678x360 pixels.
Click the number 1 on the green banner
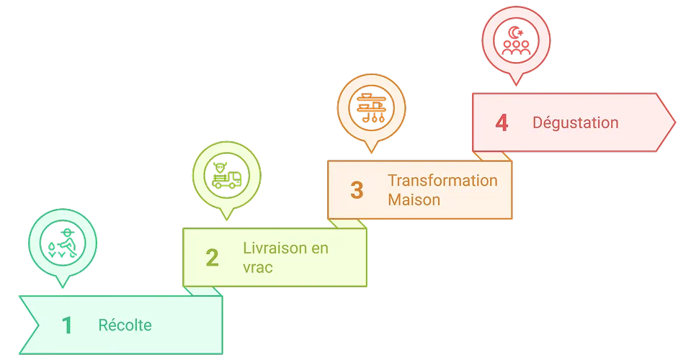[67, 325]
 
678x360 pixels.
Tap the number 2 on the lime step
[212, 258]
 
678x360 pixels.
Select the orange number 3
[357, 190]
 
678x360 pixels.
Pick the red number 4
[501, 122]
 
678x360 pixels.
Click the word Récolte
[125, 325]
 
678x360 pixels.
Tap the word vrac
[258, 268]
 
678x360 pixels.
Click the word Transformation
[442, 181]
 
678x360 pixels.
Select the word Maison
[414, 200]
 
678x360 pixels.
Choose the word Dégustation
[576, 122]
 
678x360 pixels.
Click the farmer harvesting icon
[63, 243]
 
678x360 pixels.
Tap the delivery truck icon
[226, 175]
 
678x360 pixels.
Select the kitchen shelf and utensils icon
[371, 107]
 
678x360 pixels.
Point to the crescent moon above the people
[514, 32]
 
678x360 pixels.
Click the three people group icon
[516, 48]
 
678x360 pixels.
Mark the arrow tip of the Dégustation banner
[674, 122]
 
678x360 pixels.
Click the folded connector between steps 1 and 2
[202, 292]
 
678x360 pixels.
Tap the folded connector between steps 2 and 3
[347, 224]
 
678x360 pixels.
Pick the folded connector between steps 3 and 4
[492, 156]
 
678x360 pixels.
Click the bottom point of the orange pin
[371, 152]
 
